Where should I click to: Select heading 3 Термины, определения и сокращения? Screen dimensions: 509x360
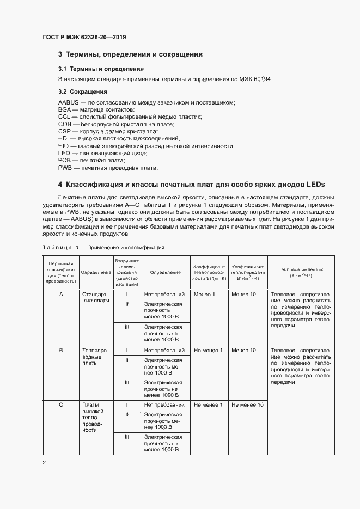tap(130, 54)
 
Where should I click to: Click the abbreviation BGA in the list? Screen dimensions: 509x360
tap(65, 109)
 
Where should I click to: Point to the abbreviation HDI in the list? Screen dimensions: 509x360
tap(64, 139)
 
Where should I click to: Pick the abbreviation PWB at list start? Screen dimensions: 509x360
tap(65, 168)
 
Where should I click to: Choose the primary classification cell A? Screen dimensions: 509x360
tap(61, 295)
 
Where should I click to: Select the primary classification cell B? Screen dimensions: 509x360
tap(61, 351)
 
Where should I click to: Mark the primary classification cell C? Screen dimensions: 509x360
tap(61, 405)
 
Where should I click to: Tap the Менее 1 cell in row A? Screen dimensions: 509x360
tap(205, 295)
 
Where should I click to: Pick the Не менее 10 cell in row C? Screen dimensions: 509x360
tap(247, 405)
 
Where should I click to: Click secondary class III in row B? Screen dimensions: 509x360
tap(127, 382)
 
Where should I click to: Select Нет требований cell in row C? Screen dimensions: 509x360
tap(164, 405)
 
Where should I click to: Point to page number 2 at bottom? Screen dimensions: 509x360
tap(44, 463)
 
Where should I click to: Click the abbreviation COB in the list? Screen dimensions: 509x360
tap(65, 124)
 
